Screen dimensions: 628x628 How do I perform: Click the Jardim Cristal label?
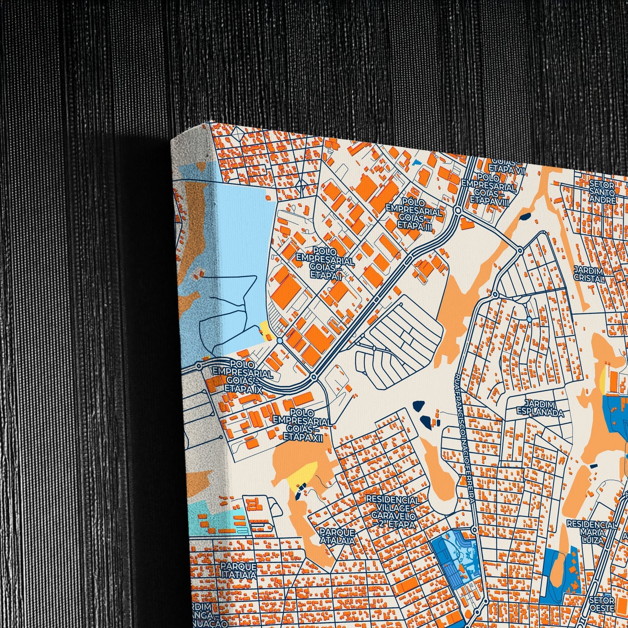point(589,274)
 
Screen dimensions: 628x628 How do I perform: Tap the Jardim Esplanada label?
point(540,409)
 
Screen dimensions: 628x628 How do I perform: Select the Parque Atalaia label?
point(337,536)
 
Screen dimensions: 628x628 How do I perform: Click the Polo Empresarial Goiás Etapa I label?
point(324,263)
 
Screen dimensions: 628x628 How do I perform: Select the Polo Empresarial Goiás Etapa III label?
point(415,213)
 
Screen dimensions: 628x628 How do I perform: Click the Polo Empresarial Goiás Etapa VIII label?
point(489,188)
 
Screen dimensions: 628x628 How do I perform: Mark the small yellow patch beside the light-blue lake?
point(265,329)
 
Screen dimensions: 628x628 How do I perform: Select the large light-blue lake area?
point(243,243)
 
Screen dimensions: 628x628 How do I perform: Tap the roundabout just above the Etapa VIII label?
point(458,210)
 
